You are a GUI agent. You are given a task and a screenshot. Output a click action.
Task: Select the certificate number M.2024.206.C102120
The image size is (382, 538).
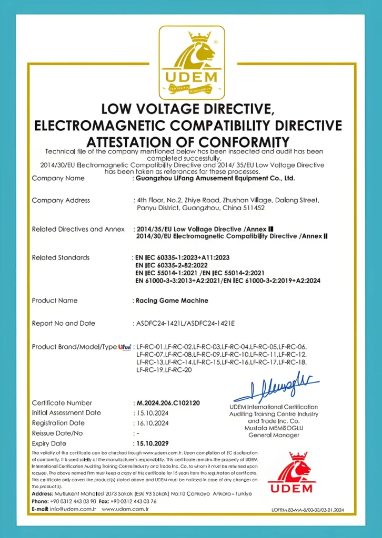tap(168, 403)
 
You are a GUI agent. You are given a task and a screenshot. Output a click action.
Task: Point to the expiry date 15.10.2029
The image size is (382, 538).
tap(152, 443)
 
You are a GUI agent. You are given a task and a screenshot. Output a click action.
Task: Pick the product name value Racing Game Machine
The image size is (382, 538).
tap(172, 301)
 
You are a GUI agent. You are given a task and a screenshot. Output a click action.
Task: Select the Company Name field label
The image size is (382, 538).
tap(58, 178)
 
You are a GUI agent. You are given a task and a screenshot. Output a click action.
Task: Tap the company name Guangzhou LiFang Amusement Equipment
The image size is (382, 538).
tap(215, 178)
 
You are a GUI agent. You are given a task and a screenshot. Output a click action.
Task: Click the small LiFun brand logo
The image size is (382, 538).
tap(125, 347)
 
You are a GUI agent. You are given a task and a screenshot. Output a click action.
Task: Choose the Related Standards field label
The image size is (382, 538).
tap(61, 257)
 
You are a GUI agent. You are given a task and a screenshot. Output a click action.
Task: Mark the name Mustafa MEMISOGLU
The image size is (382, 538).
tap(274, 428)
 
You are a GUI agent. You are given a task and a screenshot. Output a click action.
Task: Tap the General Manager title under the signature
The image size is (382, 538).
tap(274, 435)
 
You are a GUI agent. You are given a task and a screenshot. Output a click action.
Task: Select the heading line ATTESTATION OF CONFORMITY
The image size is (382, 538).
tap(187, 142)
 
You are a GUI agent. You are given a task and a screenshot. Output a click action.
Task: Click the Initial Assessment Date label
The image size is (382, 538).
tap(66, 413)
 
